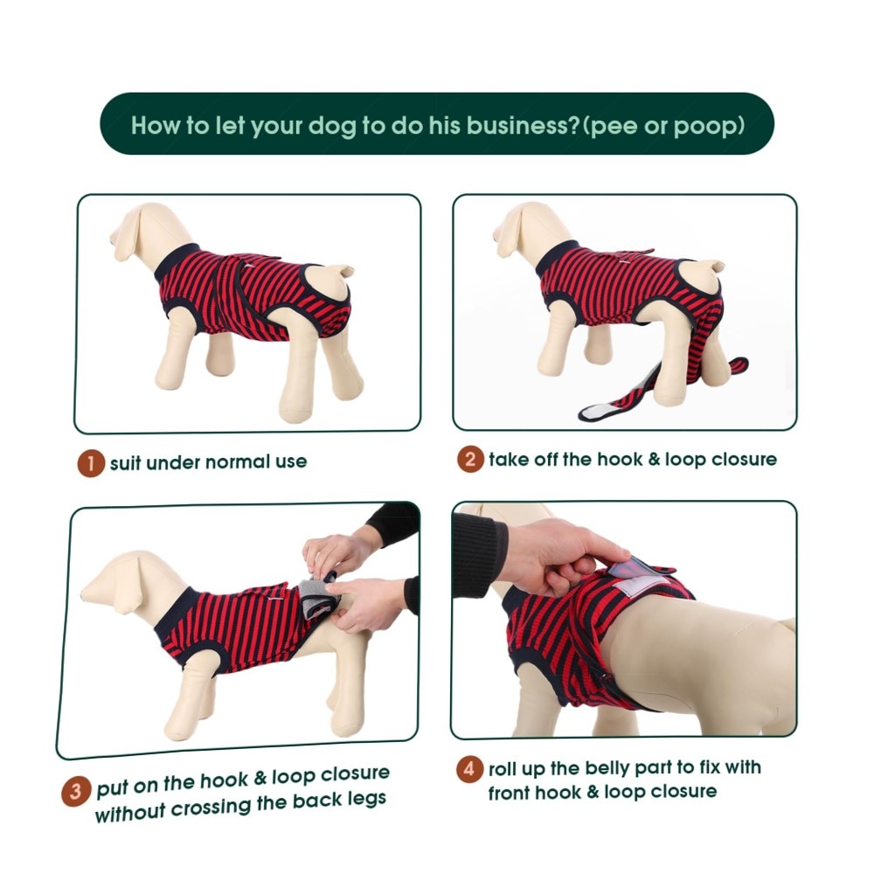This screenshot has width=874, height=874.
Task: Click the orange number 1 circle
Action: tap(91, 463)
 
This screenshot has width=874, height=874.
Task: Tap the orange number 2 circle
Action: tap(470, 460)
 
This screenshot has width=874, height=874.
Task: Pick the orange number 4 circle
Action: tap(470, 768)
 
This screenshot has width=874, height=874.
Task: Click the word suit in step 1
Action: tap(125, 462)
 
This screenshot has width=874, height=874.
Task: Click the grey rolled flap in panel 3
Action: tap(319, 597)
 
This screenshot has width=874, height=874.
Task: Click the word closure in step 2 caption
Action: tap(744, 460)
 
